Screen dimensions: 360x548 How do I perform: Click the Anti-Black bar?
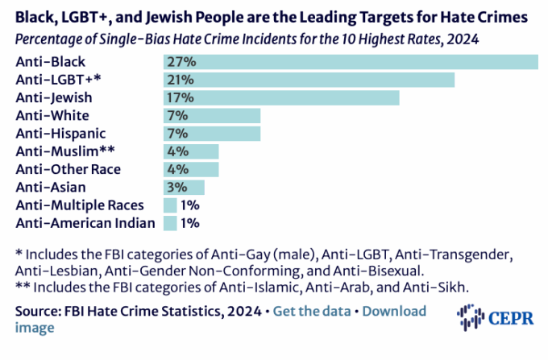click(351, 62)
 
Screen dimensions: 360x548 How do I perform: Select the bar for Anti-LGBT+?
click(309, 80)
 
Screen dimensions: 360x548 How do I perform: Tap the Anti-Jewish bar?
click(281, 97)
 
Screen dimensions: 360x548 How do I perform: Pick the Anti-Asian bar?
click(184, 187)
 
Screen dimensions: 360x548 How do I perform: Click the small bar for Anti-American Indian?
click(170, 222)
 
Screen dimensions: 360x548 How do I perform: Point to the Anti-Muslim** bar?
click(191, 151)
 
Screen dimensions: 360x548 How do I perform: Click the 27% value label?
click(180, 62)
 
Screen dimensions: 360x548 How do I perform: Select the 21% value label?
click(180, 80)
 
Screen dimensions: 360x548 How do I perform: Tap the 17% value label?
click(180, 97)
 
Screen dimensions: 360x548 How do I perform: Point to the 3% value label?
click(176, 187)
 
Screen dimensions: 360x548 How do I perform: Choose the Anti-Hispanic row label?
click(60, 133)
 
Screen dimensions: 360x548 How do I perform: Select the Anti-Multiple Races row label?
click(80, 205)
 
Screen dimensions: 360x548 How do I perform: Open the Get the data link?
click(312, 311)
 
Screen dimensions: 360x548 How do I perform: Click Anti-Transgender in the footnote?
click(463, 254)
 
